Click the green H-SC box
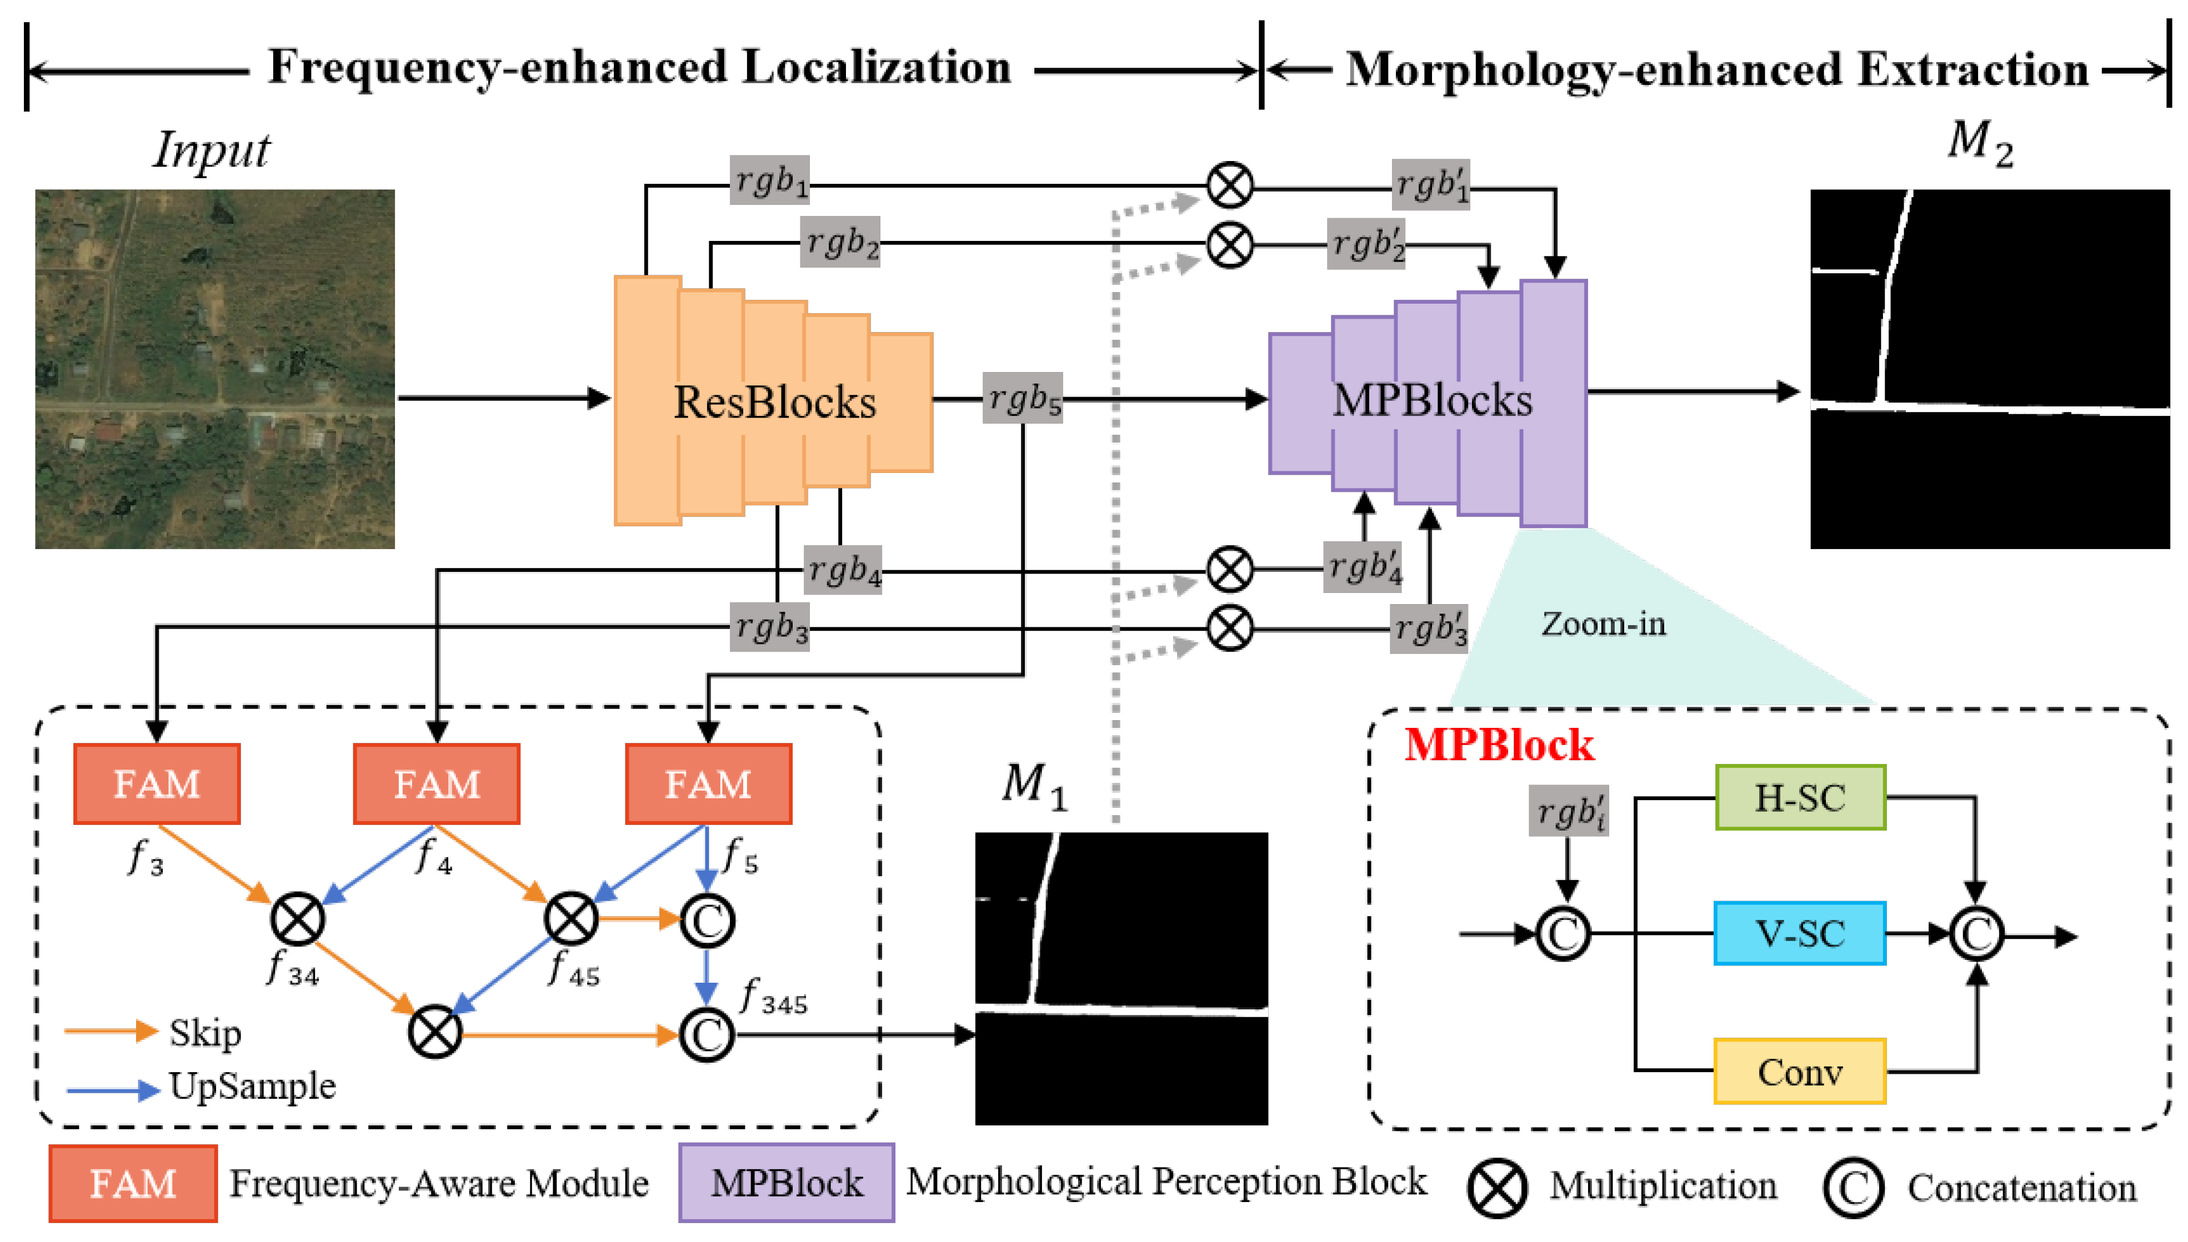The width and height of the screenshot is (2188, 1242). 1800,798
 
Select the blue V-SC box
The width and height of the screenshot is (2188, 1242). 1800,933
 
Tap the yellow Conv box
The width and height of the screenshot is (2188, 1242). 1800,1072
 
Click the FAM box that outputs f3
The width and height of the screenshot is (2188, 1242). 157,784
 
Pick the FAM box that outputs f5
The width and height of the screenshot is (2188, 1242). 708,784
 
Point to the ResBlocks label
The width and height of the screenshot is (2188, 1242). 774,402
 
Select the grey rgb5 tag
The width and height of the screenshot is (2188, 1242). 1022,398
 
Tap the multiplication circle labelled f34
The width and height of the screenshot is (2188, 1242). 297,919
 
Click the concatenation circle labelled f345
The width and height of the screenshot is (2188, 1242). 707,1035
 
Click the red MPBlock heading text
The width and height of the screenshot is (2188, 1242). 1499,745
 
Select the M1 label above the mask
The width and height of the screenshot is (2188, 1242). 1033,785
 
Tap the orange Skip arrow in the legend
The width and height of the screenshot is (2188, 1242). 111,1032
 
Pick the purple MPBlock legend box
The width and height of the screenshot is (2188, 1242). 786,1183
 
